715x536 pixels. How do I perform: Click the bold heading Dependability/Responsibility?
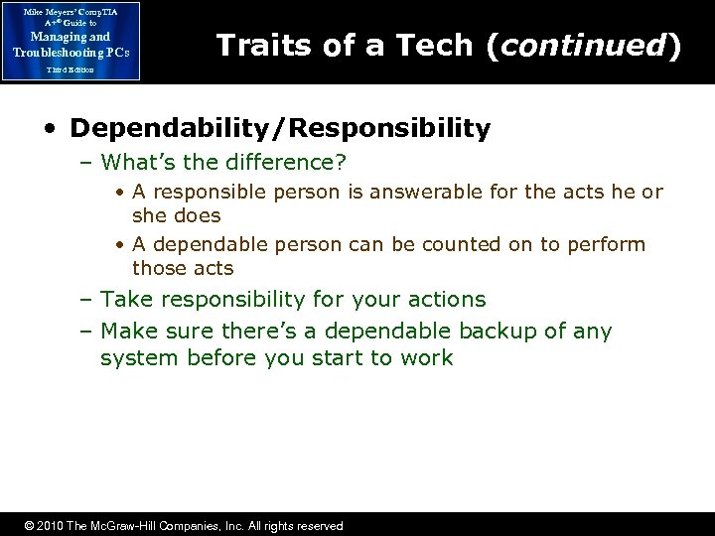point(280,128)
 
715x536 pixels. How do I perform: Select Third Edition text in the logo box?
point(70,70)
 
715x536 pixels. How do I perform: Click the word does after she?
point(197,215)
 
